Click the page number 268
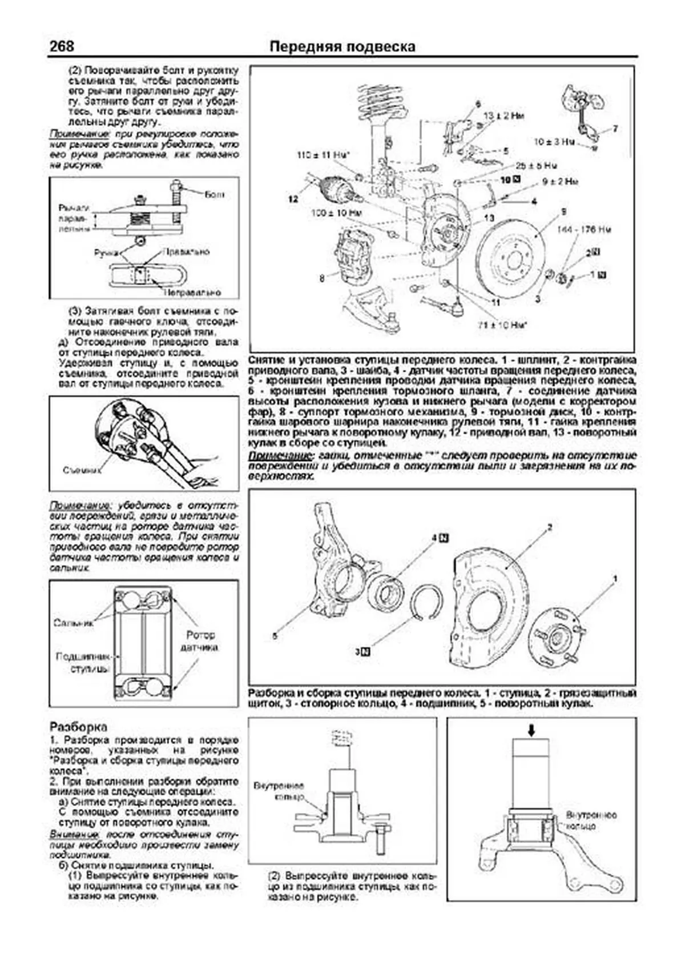(62, 46)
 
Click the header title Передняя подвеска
(342, 46)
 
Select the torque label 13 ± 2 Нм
(504, 115)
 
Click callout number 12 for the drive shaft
(293, 199)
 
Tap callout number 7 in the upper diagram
(615, 129)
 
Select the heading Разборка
(78, 727)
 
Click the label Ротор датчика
(200, 641)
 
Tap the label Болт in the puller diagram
(214, 195)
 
